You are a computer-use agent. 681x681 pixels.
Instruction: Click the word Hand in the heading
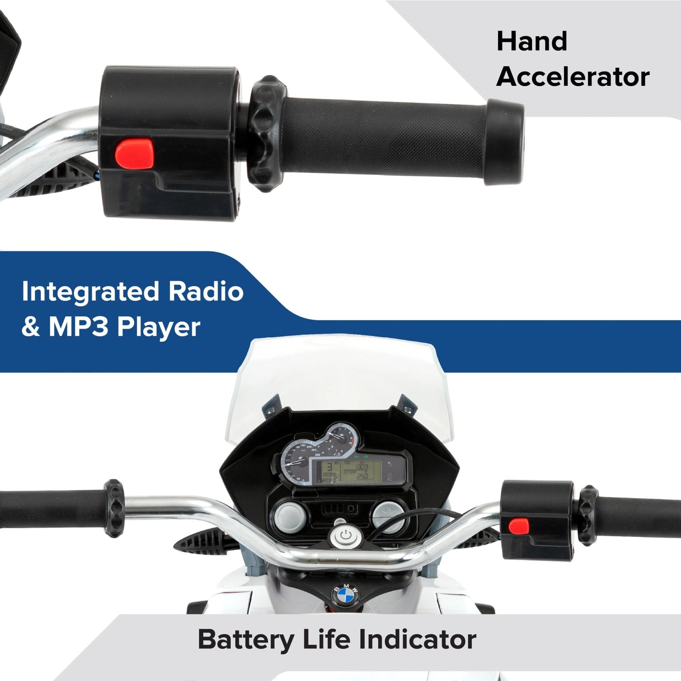(532, 41)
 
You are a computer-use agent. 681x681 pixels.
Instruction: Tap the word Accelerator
(573, 77)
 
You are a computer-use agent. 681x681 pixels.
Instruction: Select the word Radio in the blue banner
(206, 292)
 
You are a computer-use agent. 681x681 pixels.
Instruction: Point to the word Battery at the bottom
(245, 640)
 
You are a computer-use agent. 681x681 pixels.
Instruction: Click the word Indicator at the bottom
(417, 640)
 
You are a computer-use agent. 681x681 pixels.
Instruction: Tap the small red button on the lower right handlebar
(518, 526)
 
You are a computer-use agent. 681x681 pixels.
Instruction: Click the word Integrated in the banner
(90, 292)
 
